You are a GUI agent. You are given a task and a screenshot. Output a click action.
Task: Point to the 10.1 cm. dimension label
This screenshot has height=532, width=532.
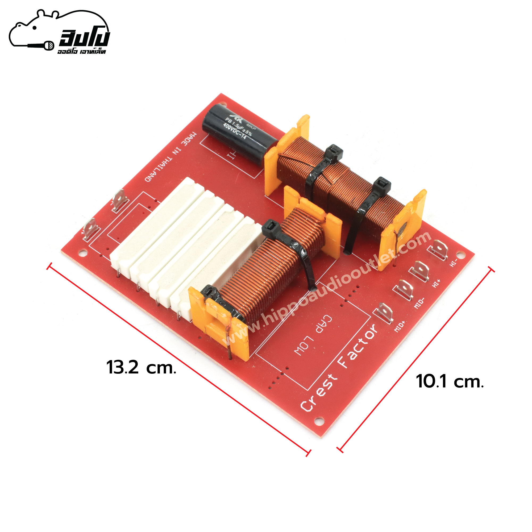coord(450,382)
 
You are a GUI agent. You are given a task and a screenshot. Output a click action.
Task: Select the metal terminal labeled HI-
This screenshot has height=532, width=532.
coord(438,249)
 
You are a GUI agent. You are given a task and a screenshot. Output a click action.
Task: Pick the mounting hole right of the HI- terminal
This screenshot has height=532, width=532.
coord(459,253)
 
